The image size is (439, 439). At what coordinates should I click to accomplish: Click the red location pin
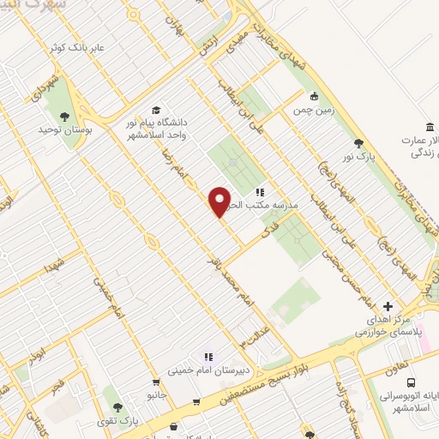click(x=220, y=201)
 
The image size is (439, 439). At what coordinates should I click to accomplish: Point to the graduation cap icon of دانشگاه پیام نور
click(x=156, y=110)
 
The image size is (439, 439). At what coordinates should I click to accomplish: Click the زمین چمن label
click(x=314, y=111)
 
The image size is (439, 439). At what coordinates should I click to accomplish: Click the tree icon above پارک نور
click(x=358, y=143)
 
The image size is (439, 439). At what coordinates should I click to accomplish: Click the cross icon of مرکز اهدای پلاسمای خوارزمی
click(x=388, y=305)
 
